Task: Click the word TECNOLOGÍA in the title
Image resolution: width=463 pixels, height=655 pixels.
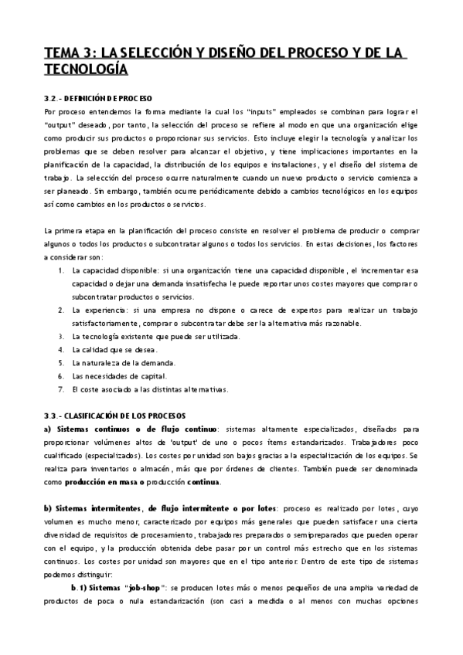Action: [x=86, y=70]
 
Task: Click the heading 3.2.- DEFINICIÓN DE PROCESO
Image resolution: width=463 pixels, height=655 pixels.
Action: [x=98, y=99]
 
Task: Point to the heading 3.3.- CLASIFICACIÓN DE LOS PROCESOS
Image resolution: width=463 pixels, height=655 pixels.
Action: [x=114, y=416]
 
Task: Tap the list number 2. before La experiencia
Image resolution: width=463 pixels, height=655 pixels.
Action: [x=61, y=309]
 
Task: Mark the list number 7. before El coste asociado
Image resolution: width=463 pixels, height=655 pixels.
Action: [x=61, y=389]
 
